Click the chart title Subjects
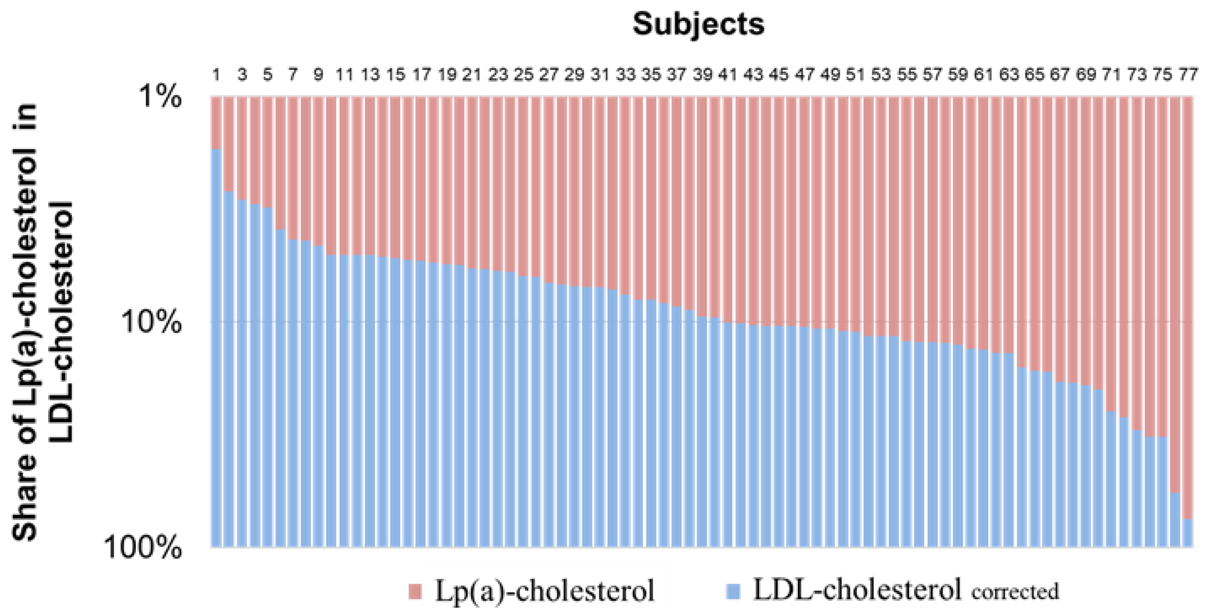coord(698,24)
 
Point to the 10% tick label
coord(151,322)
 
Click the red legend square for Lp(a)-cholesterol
coord(415,591)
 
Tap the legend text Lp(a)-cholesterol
coord(545,591)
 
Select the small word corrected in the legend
coord(1015,592)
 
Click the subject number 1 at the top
coord(216,75)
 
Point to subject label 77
coord(1188,75)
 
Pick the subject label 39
coord(702,75)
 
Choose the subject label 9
coord(318,75)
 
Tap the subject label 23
coord(498,75)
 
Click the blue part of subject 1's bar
coord(216,351)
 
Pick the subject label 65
coord(1034,75)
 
